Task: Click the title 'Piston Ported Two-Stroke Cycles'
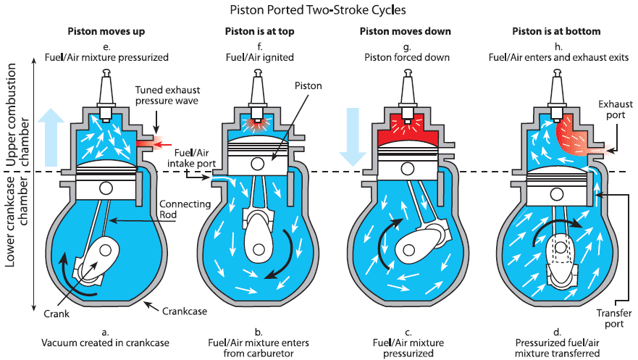(x=318, y=9)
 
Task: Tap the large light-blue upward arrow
(x=51, y=138)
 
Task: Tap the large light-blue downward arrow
(x=353, y=137)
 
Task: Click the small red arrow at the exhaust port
(x=164, y=145)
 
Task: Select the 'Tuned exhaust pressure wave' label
(x=167, y=95)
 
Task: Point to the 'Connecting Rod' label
(x=185, y=209)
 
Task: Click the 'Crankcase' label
(x=185, y=311)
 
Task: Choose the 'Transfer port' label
(x=614, y=319)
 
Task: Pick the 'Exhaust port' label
(x=616, y=109)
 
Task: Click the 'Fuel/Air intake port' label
(x=192, y=158)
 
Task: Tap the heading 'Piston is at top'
(x=259, y=31)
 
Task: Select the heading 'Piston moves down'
(x=406, y=31)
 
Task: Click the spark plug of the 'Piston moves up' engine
(x=106, y=96)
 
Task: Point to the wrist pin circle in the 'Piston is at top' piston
(x=257, y=164)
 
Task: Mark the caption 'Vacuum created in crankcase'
(x=106, y=343)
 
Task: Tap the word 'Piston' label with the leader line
(x=308, y=85)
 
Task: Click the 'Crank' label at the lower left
(x=56, y=314)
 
